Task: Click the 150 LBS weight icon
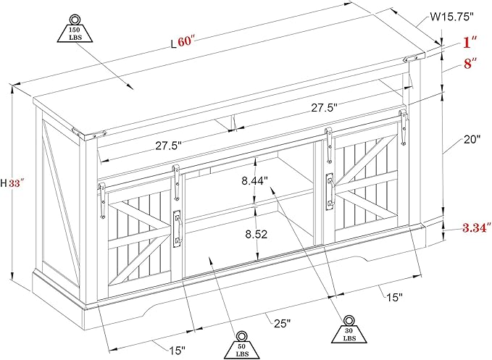click(75, 28)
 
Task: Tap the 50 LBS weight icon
click(241, 346)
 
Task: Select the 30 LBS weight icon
click(349, 330)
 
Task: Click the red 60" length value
click(186, 41)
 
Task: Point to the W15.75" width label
click(451, 17)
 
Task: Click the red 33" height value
click(17, 183)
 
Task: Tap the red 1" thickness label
click(470, 42)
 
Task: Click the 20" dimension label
click(472, 139)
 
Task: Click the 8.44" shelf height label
click(254, 181)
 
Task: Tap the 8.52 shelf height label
click(256, 234)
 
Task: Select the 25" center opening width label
click(282, 323)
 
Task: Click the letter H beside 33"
click(4, 183)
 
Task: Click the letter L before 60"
click(173, 44)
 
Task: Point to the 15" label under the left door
click(178, 351)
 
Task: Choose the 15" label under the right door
click(394, 297)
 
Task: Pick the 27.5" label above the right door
click(324, 108)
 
